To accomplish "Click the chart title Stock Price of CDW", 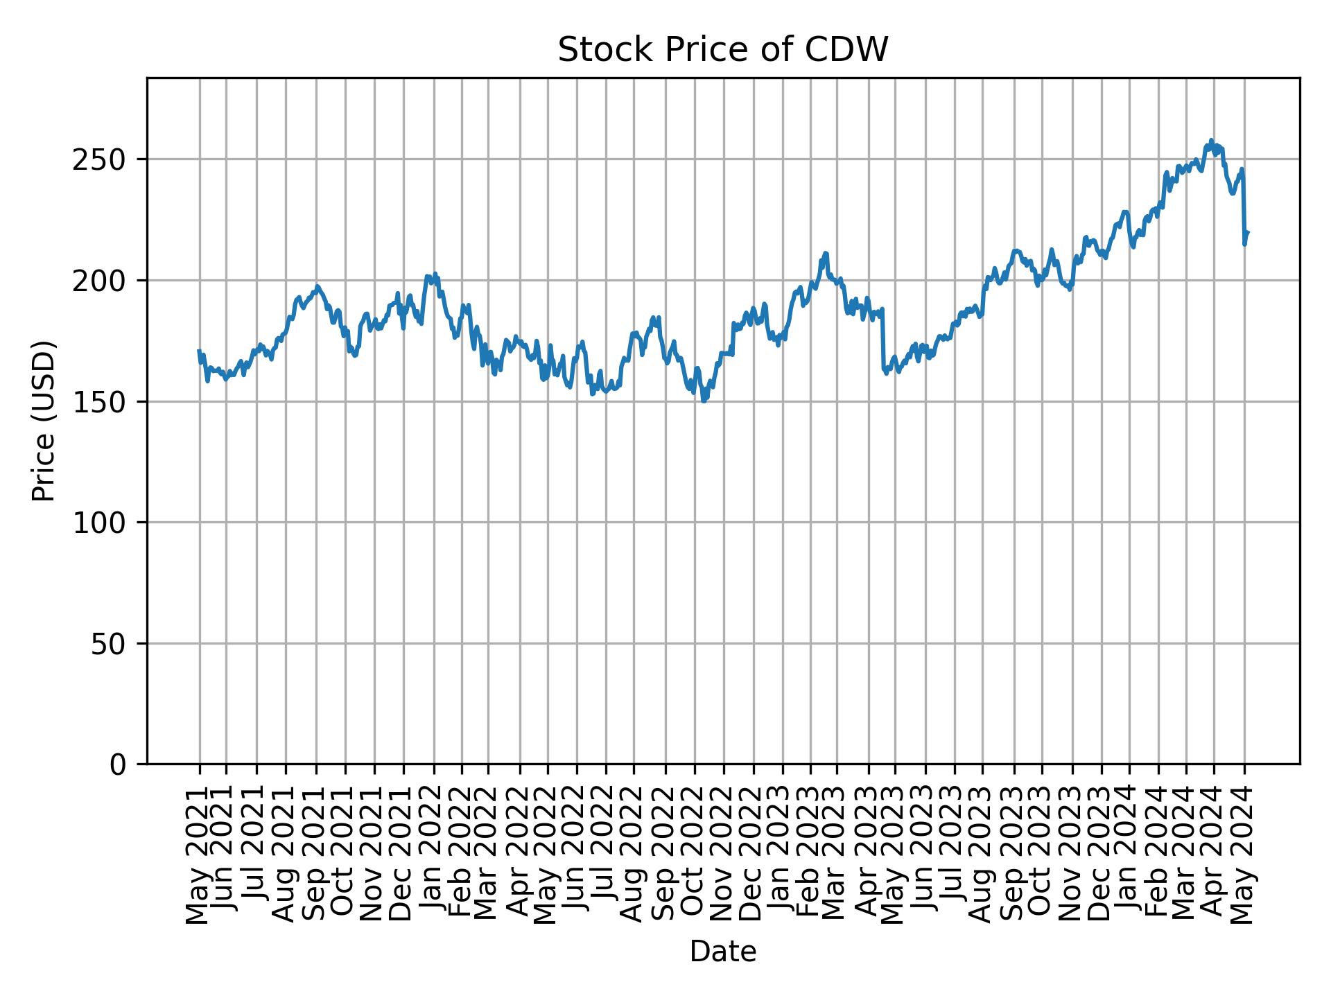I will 722,50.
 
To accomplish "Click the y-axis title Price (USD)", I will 44,421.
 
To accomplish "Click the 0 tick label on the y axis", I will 119,764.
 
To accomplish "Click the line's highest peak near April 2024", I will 1211,141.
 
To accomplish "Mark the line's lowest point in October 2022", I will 704,401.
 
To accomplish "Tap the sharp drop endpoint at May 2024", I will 1245,244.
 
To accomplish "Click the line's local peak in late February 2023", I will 826,253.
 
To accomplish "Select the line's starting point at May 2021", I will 199,351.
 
